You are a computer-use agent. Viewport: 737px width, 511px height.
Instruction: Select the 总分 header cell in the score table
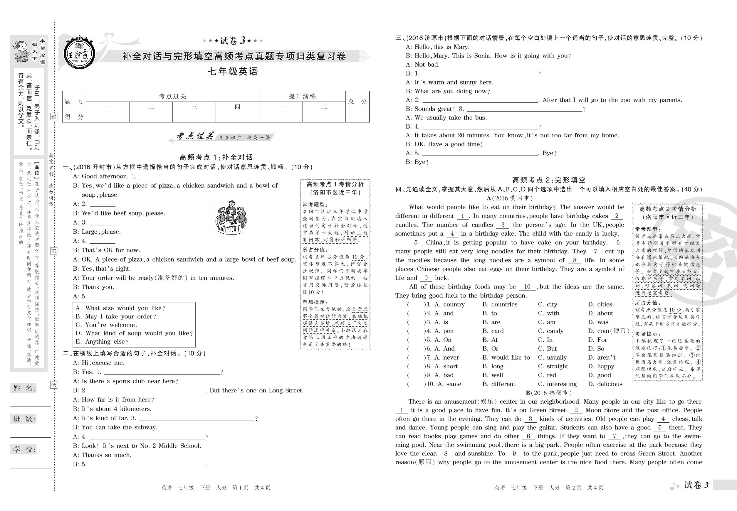tap(357, 102)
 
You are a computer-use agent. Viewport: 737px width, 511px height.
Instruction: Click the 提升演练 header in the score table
tap(302, 96)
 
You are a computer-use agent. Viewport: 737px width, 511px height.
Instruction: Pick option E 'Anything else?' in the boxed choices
tap(102, 342)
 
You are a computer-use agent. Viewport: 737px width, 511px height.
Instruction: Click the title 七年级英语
tap(233, 71)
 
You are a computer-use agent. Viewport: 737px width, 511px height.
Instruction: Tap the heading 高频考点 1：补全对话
tap(216, 157)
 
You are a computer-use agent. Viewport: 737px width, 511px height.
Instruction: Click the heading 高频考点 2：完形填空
tap(549, 180)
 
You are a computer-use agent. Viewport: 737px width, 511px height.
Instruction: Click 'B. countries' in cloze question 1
tap(500, 304)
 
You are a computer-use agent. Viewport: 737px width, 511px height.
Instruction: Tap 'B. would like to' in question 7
tap(506, 357)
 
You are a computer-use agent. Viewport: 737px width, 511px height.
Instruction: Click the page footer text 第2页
tap(573, 488)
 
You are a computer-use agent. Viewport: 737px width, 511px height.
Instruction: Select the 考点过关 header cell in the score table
tap(172, 96)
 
